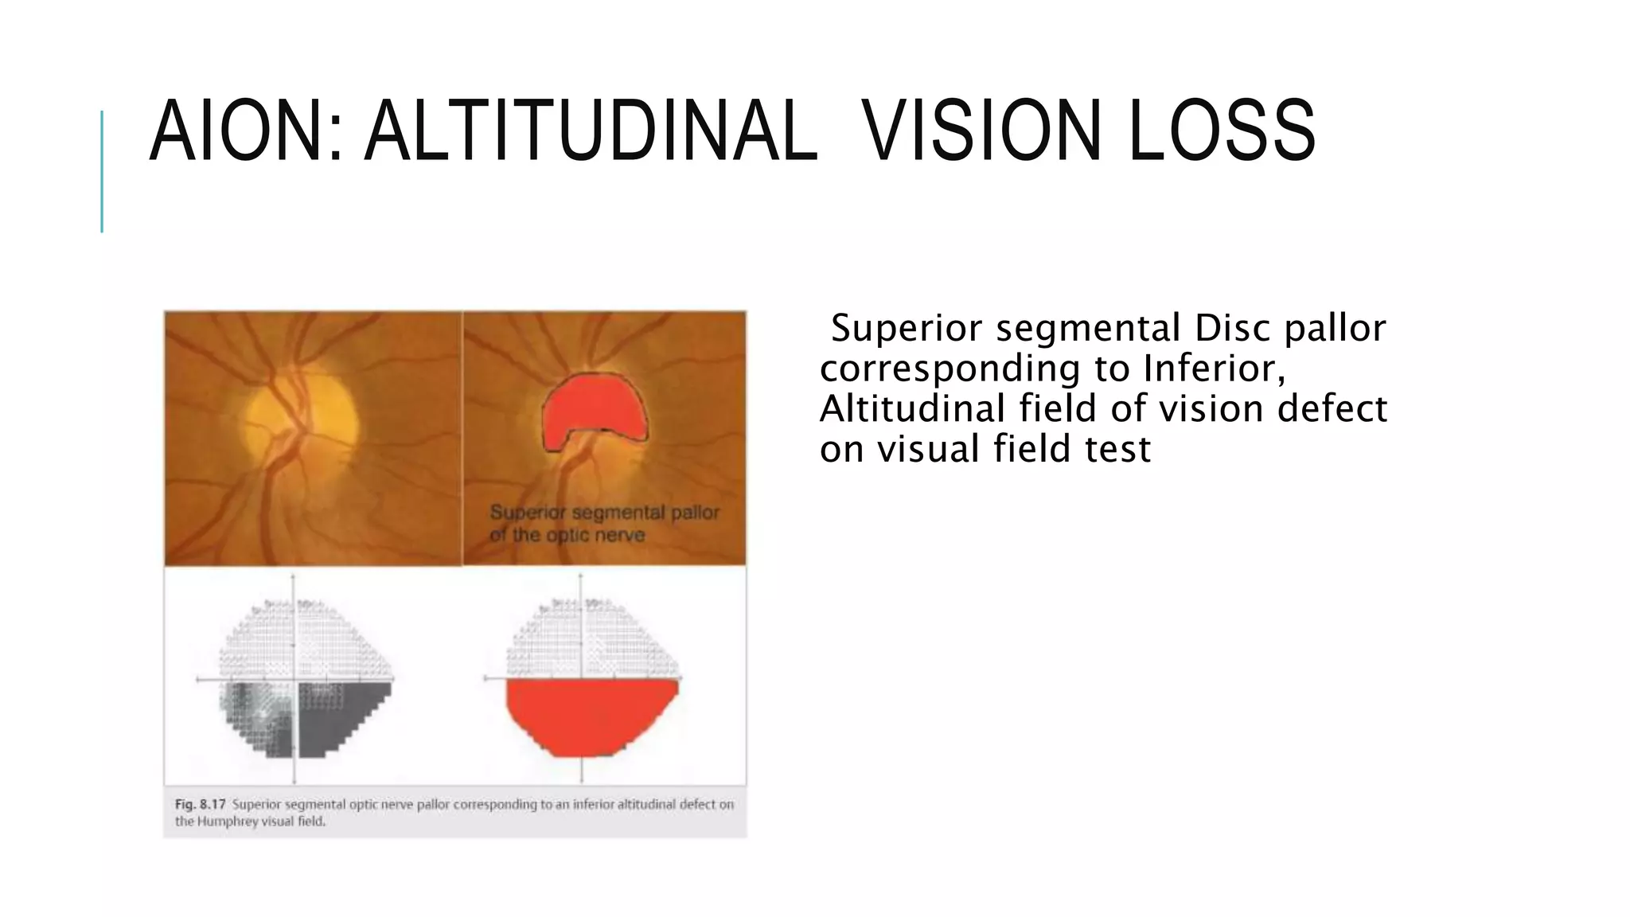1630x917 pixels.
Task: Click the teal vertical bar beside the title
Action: (x=102, y=171)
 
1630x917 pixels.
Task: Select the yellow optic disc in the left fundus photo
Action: (x=302, y=414)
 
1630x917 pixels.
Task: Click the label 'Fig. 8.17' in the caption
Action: (x=200, y=804)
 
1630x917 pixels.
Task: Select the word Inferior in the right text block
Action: (x=1215, y=369)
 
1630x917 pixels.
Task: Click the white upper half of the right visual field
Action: (x=593, y=637)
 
